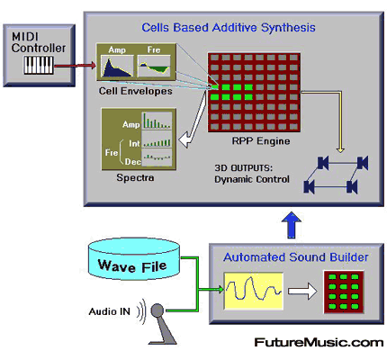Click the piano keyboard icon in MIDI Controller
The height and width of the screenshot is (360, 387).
39,66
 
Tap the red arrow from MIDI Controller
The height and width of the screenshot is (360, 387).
75,66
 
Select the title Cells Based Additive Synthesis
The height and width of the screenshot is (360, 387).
229,28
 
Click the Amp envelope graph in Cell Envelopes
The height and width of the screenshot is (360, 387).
117,66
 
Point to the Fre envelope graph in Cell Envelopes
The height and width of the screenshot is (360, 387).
154,66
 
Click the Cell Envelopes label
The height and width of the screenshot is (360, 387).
136,91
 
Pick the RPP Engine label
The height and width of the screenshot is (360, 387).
261,141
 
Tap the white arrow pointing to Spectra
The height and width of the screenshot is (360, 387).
192,120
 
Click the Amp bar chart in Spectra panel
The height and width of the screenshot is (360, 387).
157,121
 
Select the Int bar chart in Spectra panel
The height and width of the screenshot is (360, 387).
157,139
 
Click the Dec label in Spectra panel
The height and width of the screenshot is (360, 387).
132,162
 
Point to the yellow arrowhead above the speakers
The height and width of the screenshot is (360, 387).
340,149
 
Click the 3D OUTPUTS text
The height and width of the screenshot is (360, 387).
244,168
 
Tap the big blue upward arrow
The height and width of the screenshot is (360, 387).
292,225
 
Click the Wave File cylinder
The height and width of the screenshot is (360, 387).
134,259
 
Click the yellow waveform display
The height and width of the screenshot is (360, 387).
254,291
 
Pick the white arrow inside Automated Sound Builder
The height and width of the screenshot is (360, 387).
302,291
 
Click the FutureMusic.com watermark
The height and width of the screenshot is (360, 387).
319,342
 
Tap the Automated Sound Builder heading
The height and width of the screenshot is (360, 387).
296,257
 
